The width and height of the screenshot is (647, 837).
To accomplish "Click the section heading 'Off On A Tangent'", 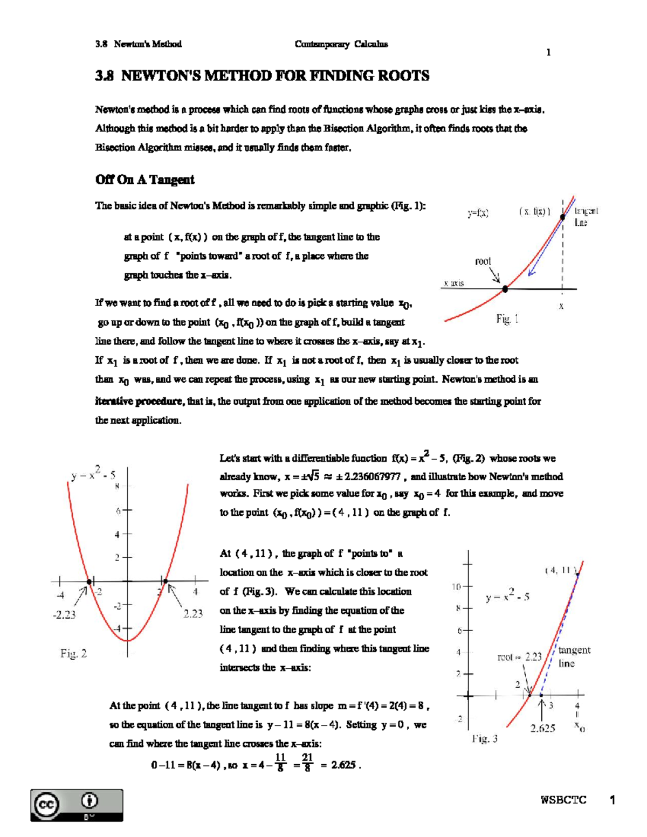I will point(144,180).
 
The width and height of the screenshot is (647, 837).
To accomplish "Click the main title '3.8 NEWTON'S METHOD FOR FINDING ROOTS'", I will point(262,76).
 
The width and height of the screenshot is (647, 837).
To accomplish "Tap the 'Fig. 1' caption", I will point(507,319).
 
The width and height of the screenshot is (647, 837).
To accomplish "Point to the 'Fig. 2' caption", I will point(73,654).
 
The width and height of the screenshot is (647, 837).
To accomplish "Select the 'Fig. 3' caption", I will point(484,739).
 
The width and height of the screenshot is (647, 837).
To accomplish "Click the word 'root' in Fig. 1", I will point(483,261).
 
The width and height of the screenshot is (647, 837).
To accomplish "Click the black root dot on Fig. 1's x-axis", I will point(505,289).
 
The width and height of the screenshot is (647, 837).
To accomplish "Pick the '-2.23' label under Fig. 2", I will point(64,614).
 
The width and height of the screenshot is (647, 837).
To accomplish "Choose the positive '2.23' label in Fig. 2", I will point(192,613).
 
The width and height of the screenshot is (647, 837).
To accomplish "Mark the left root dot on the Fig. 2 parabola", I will point(90,581).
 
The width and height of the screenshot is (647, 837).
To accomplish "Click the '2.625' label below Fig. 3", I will point(542,729).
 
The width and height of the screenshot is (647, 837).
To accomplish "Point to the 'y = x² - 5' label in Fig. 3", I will point(507,597).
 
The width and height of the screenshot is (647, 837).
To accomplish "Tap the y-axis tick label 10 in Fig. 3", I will point(456,586).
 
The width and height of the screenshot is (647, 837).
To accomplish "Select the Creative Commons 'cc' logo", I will point(46,805).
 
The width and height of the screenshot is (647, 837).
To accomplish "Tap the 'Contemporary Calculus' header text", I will point(341,44).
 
